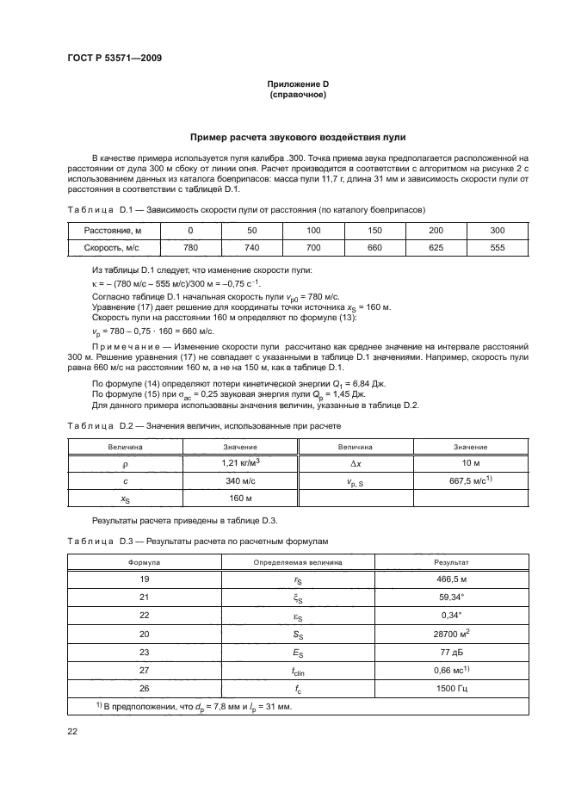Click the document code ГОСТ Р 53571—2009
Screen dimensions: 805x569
pyautogui.click(x=114, y=58)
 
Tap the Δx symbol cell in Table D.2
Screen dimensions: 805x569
pyautogui.click(x=355, y=463)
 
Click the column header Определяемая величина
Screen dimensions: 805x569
pyautogui.click(x=297, y=561)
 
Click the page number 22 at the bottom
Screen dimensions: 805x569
pyautogui.click(x=72, y=732)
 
